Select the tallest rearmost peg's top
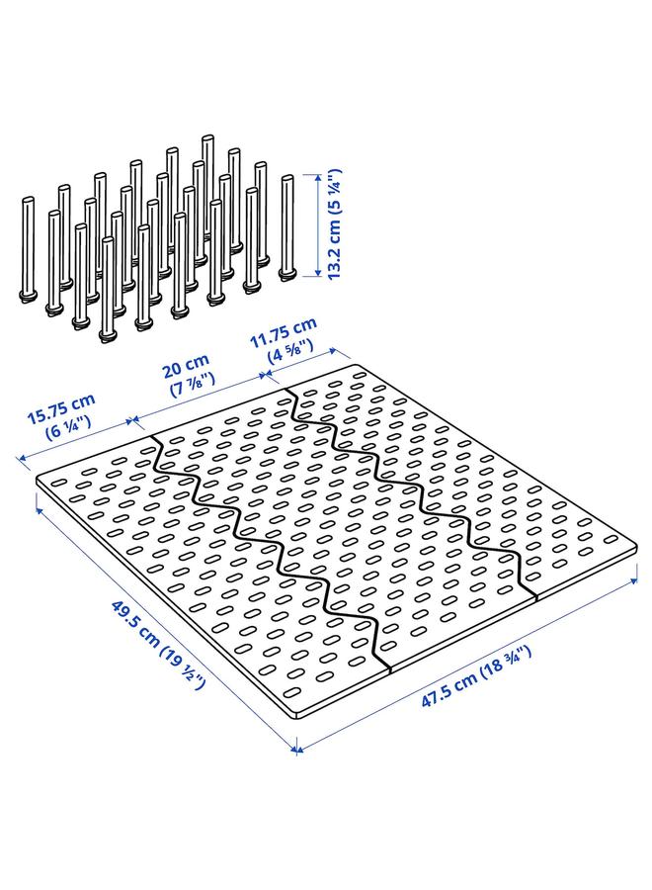click(x=207, y=140)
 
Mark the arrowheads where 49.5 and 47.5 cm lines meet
click(x=297, y=751)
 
